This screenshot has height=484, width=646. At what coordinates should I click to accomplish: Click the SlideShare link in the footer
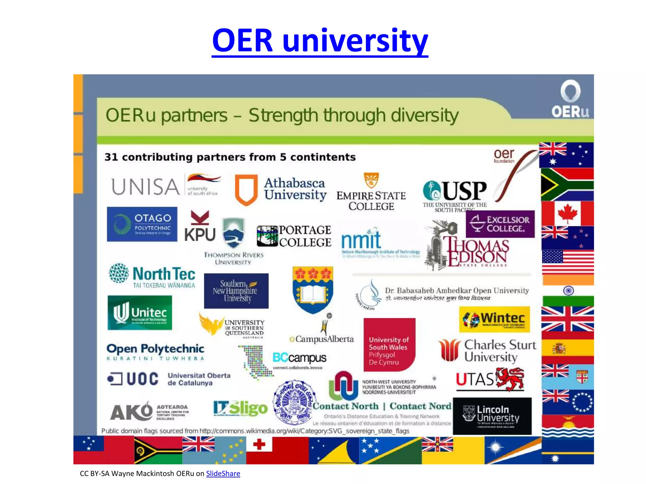tap(223, 474)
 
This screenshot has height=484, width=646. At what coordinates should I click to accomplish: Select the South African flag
tap(567, 184)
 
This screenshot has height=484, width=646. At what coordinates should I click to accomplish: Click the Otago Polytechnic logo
tap(142, 224)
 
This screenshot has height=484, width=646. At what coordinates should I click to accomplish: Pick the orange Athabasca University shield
tap(246, 189)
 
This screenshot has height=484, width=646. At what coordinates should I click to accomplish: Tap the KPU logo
tap(200, 226)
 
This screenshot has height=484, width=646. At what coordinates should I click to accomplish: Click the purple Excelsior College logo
tap(500, 224)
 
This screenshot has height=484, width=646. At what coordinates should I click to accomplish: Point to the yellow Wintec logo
tap(494, 319)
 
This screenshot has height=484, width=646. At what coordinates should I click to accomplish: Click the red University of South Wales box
tap(389, 345)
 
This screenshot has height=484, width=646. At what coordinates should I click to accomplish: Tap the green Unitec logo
tap(140, 313)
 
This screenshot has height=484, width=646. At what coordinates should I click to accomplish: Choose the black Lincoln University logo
tap(492, 416)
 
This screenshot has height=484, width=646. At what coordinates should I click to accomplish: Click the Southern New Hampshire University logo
tap(236, 291)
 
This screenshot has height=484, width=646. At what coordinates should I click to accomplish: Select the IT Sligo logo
tap(240, 408)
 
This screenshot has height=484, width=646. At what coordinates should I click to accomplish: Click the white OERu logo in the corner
tap(570, 99)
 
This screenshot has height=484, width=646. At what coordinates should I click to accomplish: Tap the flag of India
tap(568, 291)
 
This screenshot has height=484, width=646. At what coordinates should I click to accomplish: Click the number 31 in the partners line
tap(111, 157)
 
